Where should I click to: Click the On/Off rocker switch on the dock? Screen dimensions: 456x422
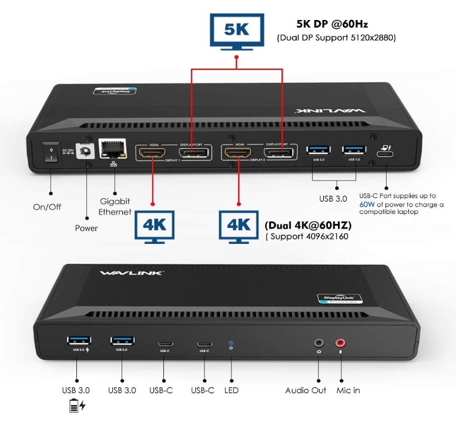click(51, 155)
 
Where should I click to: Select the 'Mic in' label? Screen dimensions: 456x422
click(348, 390)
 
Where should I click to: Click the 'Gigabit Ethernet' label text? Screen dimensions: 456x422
click(115, 206)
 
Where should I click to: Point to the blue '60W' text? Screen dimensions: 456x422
click(367, 205)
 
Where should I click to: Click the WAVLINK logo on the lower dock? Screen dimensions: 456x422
click(132, 273)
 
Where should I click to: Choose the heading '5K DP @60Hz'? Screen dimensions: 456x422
click(333, 25)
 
